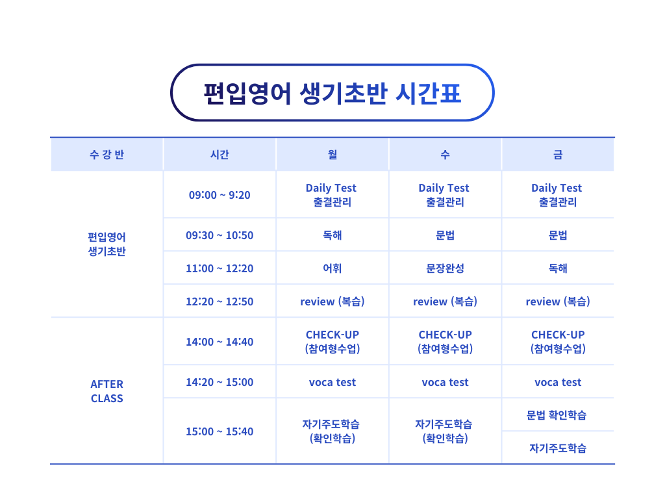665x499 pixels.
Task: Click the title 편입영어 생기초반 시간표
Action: (332, 93)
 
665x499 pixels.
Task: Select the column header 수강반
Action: (107, 155)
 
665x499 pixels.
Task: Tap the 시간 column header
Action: (220, 155)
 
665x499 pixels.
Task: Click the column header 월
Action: (332, 155)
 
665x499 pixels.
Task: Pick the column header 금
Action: (558, 155)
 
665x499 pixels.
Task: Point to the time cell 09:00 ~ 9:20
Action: (220, 195)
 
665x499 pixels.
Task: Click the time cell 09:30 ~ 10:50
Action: (220, 235)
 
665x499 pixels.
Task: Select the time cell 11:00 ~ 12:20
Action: (220, 268)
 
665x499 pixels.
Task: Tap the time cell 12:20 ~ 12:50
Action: (220, 301)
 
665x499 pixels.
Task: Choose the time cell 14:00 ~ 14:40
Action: (220, 342)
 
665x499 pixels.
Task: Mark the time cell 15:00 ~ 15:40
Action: (220, 431)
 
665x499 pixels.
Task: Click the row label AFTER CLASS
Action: (107, 391)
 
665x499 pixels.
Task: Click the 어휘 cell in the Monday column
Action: (332, 268)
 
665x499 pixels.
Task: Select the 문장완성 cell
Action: (445, 268)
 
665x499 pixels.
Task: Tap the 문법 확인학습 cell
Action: (557, 415)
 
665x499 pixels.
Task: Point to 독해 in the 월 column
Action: (332, 235)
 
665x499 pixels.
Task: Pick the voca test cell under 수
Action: (445, 382)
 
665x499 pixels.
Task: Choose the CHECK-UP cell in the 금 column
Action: (558, 342)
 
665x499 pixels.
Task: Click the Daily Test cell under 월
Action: (332, 195)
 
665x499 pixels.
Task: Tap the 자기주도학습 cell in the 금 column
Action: (558, 448)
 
